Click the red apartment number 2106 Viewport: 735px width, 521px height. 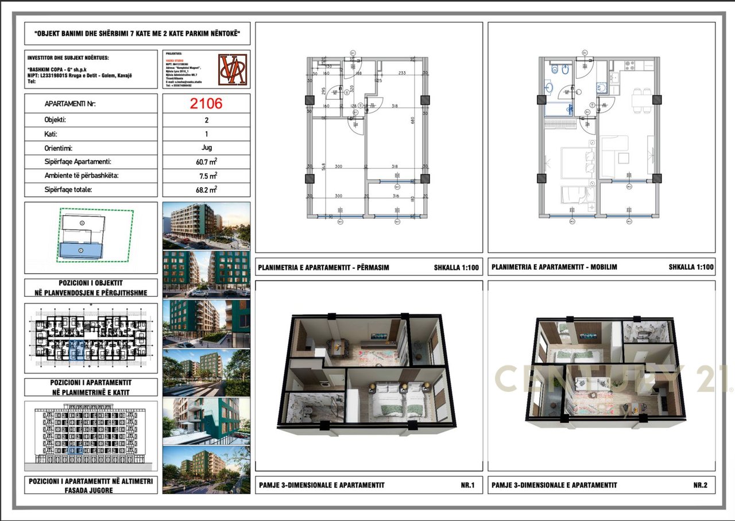[206, 103]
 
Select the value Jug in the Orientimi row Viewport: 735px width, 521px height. [206, 147]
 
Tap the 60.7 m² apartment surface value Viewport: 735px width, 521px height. [206, 162]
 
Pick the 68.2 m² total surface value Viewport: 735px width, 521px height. [206, 190]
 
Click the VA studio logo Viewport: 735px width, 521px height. [233, 69]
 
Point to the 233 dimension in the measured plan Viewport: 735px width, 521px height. [401, 73]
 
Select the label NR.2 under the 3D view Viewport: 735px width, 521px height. [700, 485]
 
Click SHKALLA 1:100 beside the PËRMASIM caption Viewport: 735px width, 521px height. [457, 267]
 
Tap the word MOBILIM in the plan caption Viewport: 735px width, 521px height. [600, 267]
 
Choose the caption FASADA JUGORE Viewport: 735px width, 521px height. [91, 491]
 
